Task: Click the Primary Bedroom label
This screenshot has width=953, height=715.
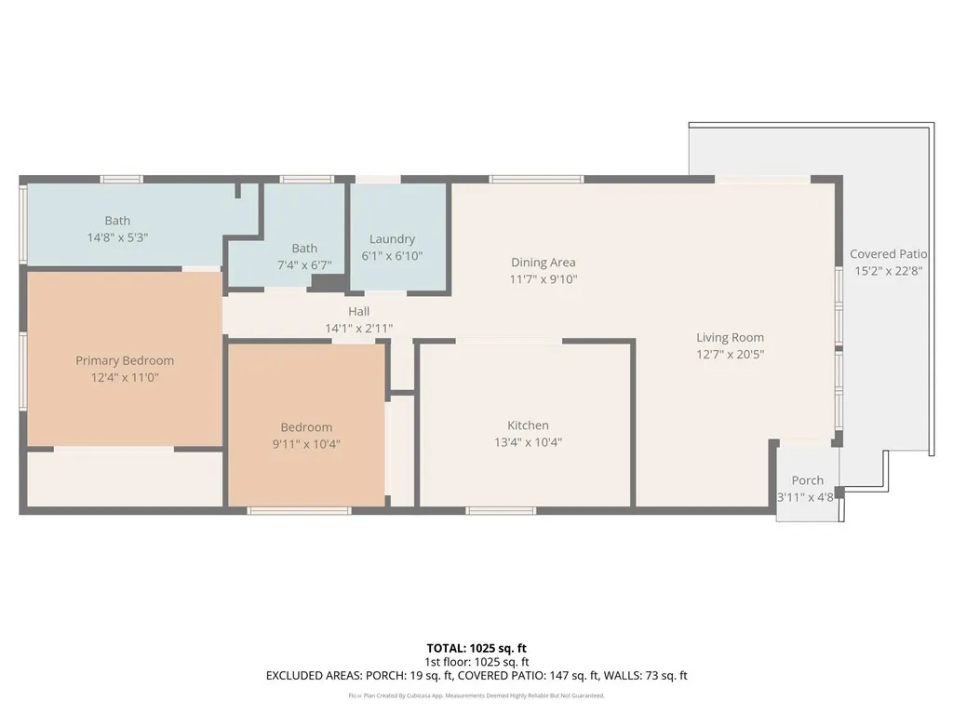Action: click(x=125, y=360)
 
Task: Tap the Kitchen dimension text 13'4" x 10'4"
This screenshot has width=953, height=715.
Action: click(x=528, y=442)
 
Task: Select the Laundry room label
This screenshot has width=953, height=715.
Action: click(x=392, y=239)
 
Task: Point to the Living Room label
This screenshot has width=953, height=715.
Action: click(x=730, y=338)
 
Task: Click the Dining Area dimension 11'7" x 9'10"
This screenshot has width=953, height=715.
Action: click(x=543, y=278)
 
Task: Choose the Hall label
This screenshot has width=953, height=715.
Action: click(x=358, y=312)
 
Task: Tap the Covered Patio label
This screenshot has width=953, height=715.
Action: click(x=888, y=254)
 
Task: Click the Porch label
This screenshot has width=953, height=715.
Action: click(x=807, y=480)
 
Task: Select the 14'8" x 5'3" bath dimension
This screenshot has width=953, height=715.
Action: click(x=117, y=237)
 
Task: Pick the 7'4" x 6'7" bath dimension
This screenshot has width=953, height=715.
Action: click(x=304, y=264)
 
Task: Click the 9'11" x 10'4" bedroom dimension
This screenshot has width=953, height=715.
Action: click(x=306, y=444)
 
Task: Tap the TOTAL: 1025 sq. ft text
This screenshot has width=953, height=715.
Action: click(x=476, y=648)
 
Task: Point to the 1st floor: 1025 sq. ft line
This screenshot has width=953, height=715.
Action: click(x=476, y=662)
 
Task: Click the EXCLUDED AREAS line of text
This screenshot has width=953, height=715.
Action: click(x=476, y=676)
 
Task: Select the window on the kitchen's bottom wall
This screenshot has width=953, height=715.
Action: click(x=501, y=509)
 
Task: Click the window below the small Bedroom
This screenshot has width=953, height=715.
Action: click(x=299, y=509)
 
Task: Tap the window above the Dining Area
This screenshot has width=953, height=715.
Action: click(x=536, y=179)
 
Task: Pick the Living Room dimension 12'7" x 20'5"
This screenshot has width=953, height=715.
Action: click(x=730, y=354)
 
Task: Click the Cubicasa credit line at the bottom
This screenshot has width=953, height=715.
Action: click(x=476, y=695)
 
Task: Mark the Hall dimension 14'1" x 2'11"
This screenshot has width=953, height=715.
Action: click(x=358, y=328)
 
